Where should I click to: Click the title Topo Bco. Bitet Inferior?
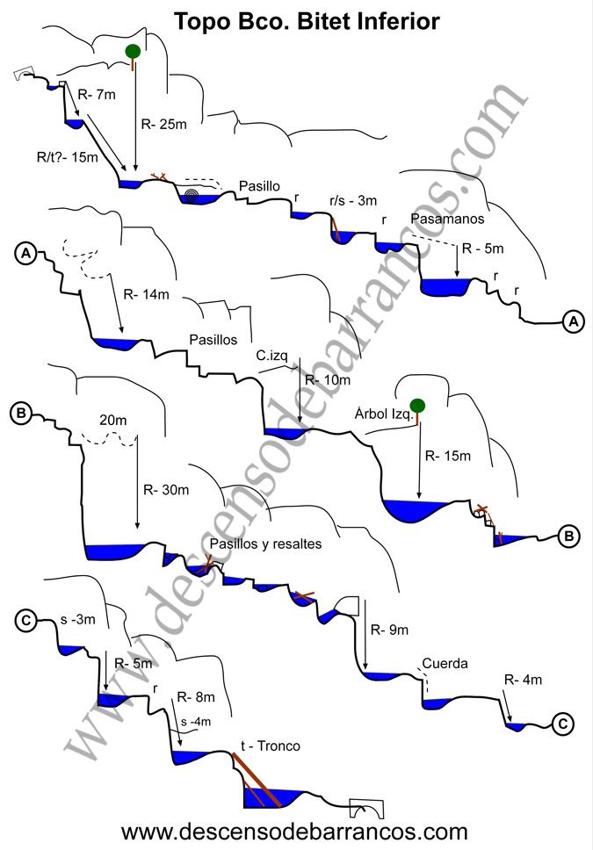[307, 22]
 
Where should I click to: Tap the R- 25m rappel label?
[164, 124]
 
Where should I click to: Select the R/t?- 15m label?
[68, 157]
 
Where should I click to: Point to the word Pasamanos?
[447, 219]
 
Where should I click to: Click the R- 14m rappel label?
[147, 294]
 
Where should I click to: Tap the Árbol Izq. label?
[384, 414]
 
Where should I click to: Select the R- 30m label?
[166, 490]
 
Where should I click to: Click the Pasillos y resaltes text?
[266, 544]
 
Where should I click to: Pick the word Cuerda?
[445, 664]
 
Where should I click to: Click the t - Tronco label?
[271, 746]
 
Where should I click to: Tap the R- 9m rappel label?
[389, 630]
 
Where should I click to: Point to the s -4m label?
[196, 722]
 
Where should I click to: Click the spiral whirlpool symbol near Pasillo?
[191, 195]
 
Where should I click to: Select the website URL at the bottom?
[294, 831]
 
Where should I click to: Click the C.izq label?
[271, 356]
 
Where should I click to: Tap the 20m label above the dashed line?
[112, 420]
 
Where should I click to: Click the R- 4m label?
[523, 680]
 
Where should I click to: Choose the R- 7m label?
[97, 94]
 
